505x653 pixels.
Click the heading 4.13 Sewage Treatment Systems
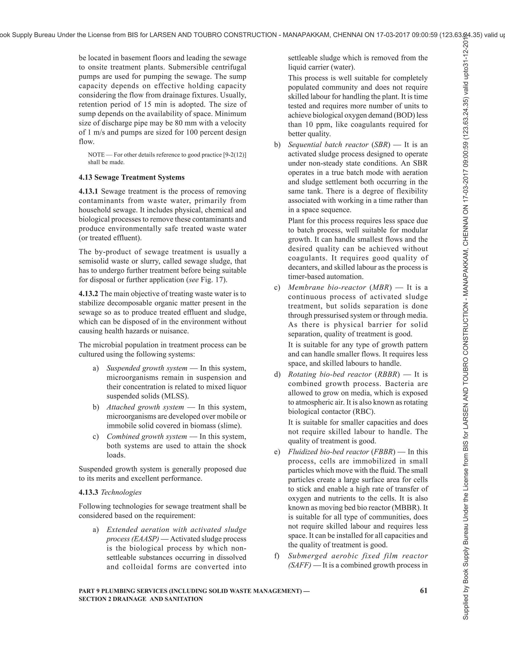[x=132, y=177]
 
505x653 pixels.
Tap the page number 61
[x=424, y=590]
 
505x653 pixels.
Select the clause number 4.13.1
[x=88, y=191]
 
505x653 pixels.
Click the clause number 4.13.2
[x=88, y=294]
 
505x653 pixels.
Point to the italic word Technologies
[x=121, y=492]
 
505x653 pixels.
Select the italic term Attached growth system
[x=145, y=407]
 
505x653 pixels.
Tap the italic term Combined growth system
[x=147, y=437]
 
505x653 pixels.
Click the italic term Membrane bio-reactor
[x=327, y=287]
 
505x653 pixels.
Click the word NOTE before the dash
[x=96, y=155]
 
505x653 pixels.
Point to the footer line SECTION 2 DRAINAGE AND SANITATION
[x=141, y=599]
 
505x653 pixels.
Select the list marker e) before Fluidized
[x=277, y=452]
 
